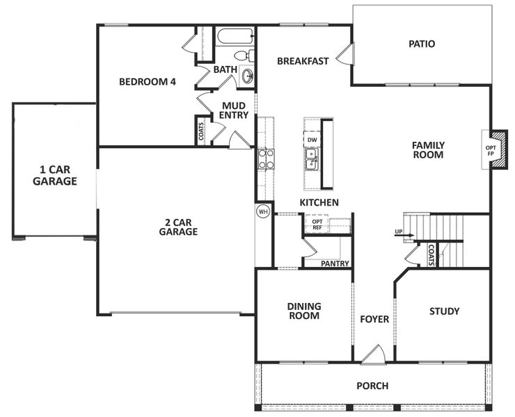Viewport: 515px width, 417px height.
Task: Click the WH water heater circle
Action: tap(263, 211)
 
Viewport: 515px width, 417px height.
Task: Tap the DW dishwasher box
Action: tap(312, 140)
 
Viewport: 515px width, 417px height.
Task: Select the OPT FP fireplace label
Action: tap(491, 151)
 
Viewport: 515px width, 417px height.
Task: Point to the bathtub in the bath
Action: tap(235, 37)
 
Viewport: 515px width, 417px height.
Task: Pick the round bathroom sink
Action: tap(247, 76)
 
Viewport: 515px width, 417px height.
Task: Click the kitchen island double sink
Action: tap(311, 159)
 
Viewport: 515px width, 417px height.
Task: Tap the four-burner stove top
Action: tap(266, 158)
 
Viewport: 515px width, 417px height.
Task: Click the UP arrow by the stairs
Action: tap(404, 235)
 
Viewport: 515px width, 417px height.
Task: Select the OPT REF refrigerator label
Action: tap(317, 224)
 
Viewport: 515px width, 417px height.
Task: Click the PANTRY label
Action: tap(335, 263)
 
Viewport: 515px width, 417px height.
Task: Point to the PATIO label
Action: tap(422, 44)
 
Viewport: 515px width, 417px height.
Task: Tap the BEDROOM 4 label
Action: tap(148, 81)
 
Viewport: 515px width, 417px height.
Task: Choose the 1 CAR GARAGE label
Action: tap(55, 176)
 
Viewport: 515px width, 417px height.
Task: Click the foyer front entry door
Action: tap(374, 355)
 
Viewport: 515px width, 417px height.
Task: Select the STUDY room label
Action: tap(445, 311)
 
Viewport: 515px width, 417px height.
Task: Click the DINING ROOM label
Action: tap(303, 311)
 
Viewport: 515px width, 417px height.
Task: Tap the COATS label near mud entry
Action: tap(201, 131)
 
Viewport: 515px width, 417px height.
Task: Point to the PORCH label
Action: tap(372, 386)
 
